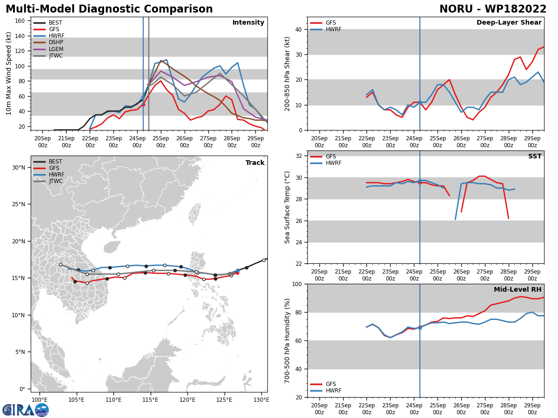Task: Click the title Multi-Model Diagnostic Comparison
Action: coord(109,9)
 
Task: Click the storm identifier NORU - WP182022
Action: coord(493,9)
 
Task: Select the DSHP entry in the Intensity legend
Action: coord(56,42)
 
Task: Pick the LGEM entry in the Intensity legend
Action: coord(56,49)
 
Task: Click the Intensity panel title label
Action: coord(248,23)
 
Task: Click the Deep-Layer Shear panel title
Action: coord(509,23)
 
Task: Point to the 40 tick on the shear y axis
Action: coord(298,29)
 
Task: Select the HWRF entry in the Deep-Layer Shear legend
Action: coord(333,29)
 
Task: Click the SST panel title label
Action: coord(535,157)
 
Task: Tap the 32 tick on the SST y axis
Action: coord(298,156)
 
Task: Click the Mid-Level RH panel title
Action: coord(517,290)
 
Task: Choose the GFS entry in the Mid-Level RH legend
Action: coord(331,384)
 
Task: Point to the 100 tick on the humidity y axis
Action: coord(296,284)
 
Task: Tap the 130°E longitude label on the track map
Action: coord(261,399)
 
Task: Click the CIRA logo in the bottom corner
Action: coord(25,410)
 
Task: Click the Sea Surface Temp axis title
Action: coord(288,207)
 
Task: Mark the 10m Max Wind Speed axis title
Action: coord(9,73)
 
